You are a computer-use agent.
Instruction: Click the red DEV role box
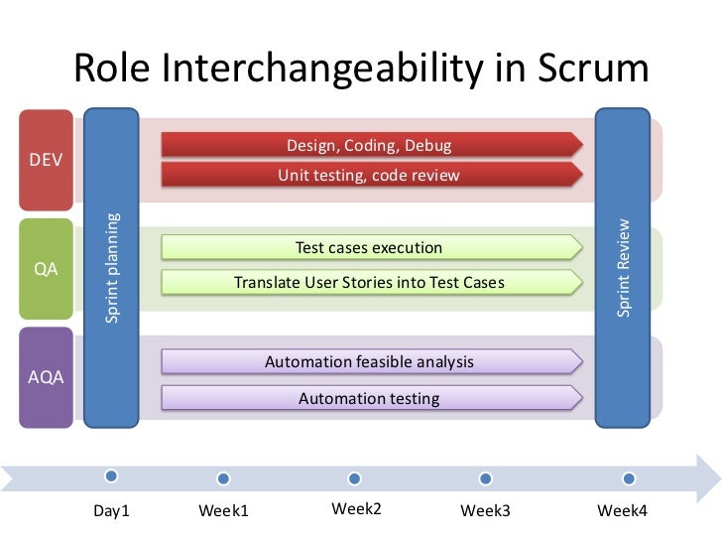click(46, 160)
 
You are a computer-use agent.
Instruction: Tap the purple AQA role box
click(46, 377)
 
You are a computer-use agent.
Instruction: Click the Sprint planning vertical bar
click(112, 268)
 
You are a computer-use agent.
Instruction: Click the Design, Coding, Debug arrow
click(369, 146)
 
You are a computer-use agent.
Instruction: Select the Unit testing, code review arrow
click(369, 176)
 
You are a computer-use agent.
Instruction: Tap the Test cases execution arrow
click(369, 248)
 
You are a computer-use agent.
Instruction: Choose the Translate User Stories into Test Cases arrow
click(369, 283)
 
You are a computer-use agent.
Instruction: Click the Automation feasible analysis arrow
click(369, 362)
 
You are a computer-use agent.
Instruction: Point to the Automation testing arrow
click(369, 399)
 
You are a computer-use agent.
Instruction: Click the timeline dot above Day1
click(112, 477)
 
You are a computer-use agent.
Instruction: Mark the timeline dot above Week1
click(223, 478)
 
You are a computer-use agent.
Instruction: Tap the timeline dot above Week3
click(486, 478)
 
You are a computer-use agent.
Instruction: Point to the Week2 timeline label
click(356, 509)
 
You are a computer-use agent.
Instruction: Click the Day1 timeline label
click(112, 511)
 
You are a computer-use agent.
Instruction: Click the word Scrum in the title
click(592, 68)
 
